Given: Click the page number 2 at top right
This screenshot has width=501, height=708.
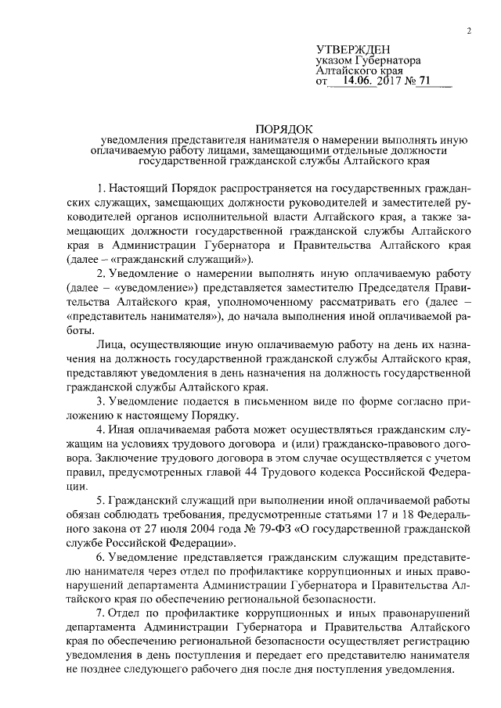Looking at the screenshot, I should [467, 31].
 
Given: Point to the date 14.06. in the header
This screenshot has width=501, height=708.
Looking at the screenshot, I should [355, 81].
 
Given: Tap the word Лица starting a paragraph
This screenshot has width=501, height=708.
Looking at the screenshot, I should [109, 345].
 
